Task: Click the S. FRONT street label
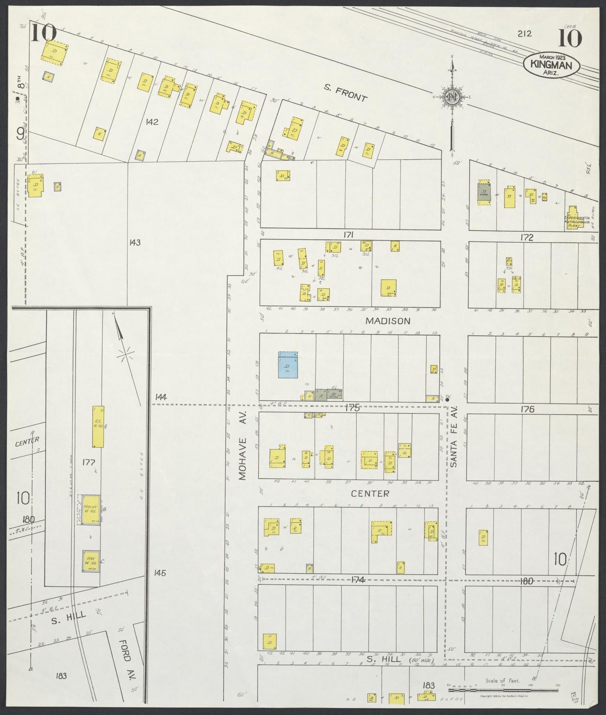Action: pos(346,93)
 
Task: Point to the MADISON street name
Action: pos(382,321)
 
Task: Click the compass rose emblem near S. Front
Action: pos(453,97)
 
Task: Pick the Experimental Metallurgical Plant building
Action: pos(573,217)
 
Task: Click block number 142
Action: pos(152,122)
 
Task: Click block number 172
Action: pos(527,237)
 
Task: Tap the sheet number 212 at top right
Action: pos(524,34)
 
